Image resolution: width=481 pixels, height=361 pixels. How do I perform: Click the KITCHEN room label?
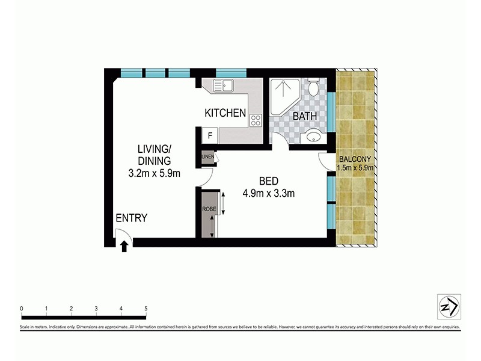[225, 113]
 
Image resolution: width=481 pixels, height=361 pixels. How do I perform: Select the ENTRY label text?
[131, 218]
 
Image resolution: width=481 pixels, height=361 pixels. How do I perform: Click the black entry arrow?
[124, 245]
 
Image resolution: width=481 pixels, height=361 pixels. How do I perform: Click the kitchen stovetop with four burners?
[256, 120]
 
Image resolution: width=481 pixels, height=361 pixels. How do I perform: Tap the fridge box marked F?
[209, 136]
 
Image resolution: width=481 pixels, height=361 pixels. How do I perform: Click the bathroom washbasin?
[313, 137]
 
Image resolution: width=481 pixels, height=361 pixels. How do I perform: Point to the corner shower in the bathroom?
[281, 96]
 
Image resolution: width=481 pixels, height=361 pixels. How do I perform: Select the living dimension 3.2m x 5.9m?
[155, 173]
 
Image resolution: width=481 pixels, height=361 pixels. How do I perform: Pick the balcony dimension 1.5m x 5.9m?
[357, 168]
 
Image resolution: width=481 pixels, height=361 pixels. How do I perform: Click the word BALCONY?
[357, 159]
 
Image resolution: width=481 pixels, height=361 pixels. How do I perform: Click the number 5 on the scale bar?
[146, 309]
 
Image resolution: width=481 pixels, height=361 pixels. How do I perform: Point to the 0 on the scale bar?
[22, 309]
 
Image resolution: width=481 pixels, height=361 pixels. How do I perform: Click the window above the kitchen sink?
[228, 73]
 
